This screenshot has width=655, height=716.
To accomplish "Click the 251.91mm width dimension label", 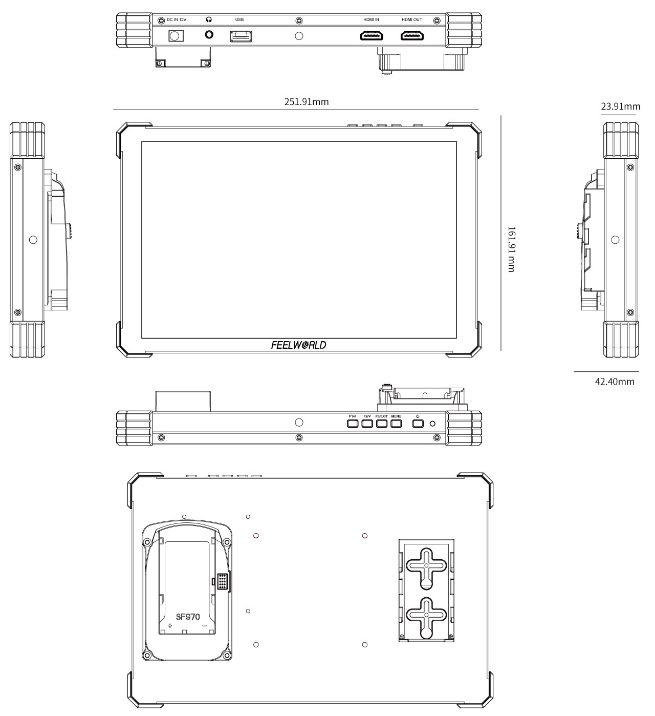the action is [x=306, y=102].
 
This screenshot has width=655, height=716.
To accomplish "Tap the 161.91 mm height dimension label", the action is [x=511, y=249].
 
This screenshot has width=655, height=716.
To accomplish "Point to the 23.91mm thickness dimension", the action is [x=620, y=107].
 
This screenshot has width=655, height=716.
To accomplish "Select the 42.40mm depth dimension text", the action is [x=615, y=382].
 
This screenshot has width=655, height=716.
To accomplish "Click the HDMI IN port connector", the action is [x=372, y=36].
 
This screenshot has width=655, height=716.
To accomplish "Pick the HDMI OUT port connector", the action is [x=412, y=36].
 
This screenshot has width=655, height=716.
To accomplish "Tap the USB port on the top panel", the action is [x=241, y=36].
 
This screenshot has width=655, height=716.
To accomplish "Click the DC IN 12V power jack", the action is [x=176, y=36].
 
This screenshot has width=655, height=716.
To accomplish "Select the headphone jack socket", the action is [x=209, y=35].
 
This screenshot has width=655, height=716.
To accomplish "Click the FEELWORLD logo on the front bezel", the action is [x=299, y=345].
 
